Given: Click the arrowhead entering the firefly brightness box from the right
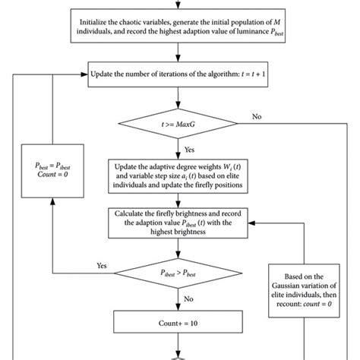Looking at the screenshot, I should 254,223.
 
